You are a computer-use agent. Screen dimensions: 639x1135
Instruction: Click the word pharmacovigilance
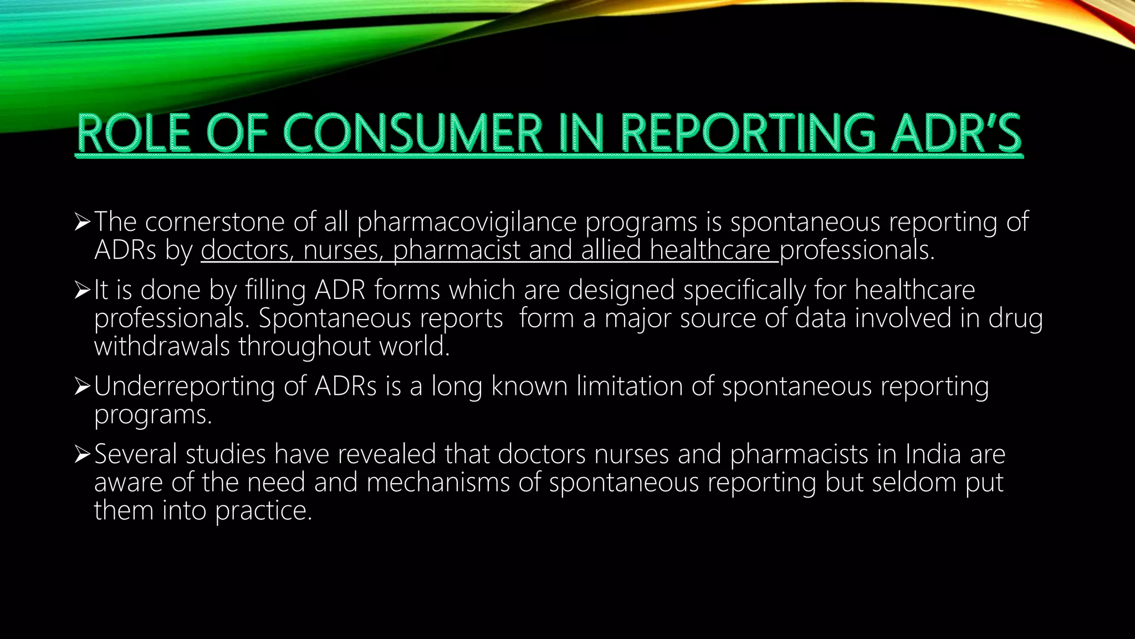coord(467,222)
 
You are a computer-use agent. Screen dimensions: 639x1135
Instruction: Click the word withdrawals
coord(162,346)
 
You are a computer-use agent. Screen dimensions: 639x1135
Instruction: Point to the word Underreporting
coord(184,386)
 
